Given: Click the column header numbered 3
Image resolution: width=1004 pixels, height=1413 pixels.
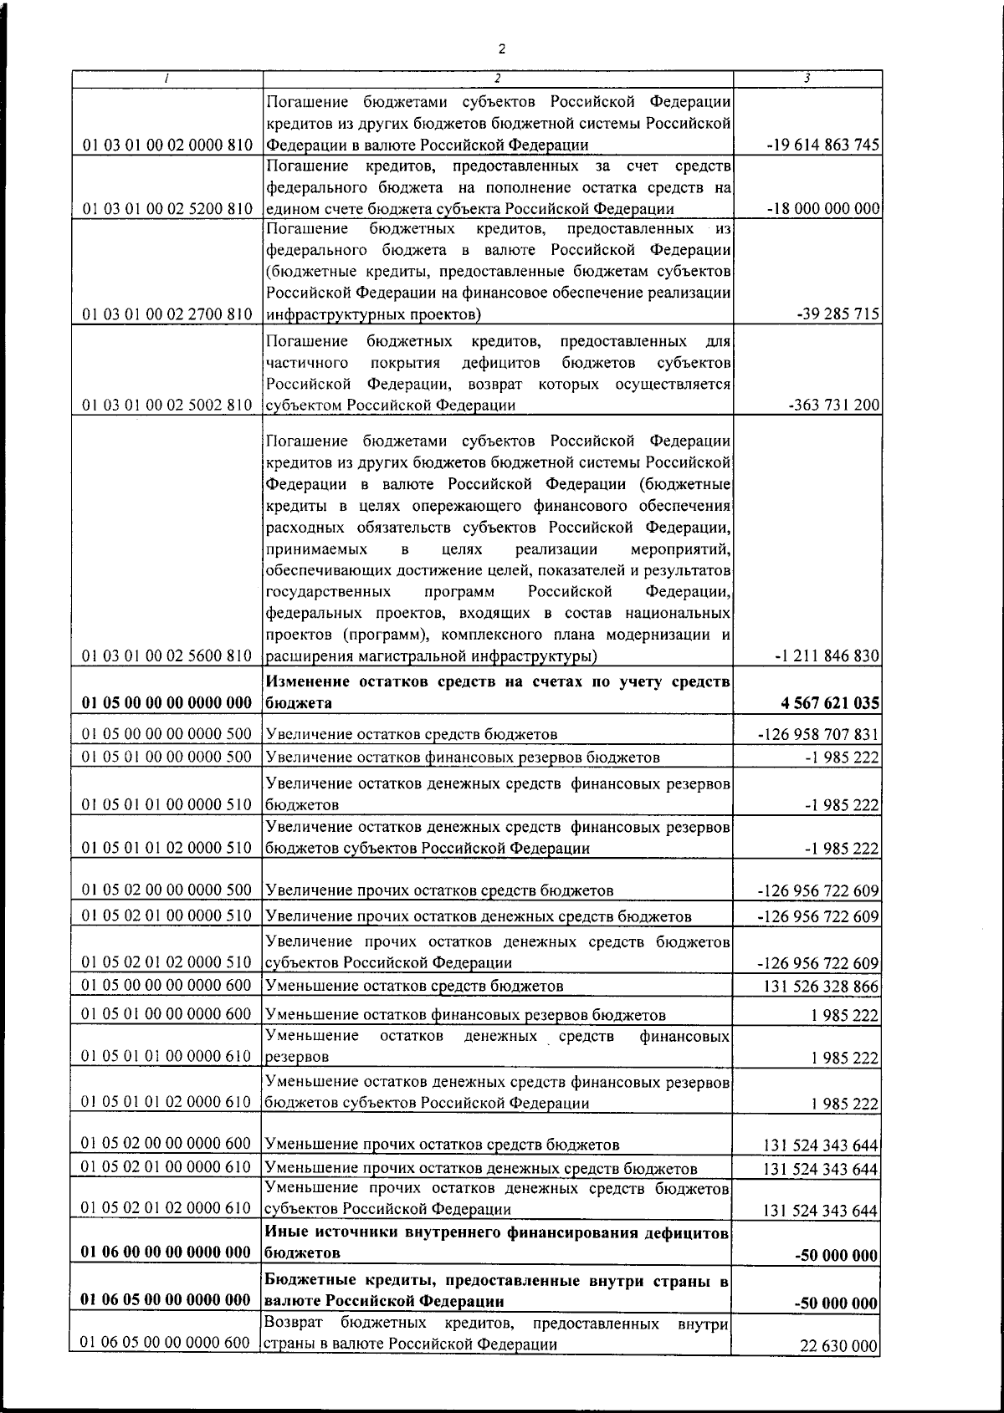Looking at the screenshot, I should (x=807, y=78).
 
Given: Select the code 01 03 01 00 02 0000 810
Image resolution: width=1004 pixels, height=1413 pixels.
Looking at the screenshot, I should (x=167, y=145).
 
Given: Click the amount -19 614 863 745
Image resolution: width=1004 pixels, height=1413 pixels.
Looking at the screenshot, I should (x=822, y=145).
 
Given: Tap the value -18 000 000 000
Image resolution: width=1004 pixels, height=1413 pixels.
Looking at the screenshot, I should (x=822, y=208).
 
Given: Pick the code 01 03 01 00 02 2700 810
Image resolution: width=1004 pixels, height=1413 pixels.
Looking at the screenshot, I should (x=167, y=314).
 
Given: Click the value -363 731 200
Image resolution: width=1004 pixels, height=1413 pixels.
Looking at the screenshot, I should (x=832, y=406).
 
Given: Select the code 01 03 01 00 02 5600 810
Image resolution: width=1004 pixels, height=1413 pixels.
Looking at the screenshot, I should (x=167, y=655).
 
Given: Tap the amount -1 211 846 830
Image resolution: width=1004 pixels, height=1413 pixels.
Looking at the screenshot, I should (x=828, y=655).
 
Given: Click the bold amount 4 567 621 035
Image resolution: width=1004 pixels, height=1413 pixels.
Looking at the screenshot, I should (x=830, y=703).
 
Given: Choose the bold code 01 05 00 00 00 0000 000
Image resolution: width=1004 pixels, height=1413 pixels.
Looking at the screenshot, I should (x=167, y=703).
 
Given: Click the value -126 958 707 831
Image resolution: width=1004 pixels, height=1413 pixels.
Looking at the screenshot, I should (x=819, y=734).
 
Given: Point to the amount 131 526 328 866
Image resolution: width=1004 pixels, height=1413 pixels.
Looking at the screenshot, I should (x=821, y=987).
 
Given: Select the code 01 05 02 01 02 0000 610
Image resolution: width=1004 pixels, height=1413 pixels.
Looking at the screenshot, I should (x=167, y=1208).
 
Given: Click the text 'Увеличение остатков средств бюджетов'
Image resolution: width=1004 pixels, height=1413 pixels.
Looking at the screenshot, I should (x=412, y=734).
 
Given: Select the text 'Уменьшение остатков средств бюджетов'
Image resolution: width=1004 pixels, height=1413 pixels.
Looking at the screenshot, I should (x=414, y=986).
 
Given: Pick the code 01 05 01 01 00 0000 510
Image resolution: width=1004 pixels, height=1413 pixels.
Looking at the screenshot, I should (x=167, y=804).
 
